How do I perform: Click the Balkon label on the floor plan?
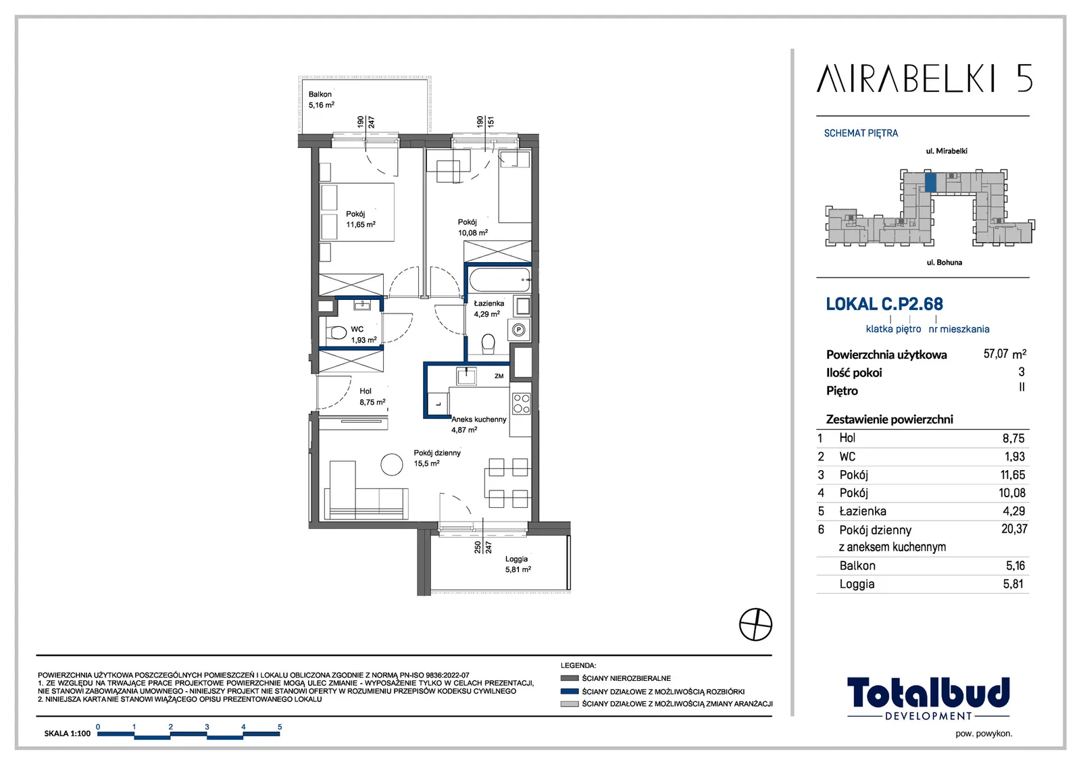click(320, 94)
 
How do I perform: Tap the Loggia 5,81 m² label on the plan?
click(518, 563)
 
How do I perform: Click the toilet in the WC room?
click(336, 333)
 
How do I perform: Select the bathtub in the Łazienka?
click(499, 280)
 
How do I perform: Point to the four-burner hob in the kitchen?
click(521, 403)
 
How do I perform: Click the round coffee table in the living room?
click(391, 465)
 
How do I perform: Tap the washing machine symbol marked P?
click(519, 330)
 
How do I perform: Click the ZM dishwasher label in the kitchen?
click(499, 376)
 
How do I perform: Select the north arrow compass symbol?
click(755, 624)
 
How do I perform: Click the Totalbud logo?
click(928, 698)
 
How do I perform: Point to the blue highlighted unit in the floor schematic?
click(930, 182)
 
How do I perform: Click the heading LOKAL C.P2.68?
click(884, 304)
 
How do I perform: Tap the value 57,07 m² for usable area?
click(1005, 354)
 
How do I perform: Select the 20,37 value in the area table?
click(1014, 529)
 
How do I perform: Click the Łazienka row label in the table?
click(862, 511)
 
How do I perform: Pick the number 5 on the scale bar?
click(280, 726)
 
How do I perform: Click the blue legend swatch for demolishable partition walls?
click(570, 691)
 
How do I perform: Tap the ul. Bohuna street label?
click(944, 263)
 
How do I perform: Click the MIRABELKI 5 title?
click(924, 78)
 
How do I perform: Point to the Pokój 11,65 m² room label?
click(360, 219)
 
